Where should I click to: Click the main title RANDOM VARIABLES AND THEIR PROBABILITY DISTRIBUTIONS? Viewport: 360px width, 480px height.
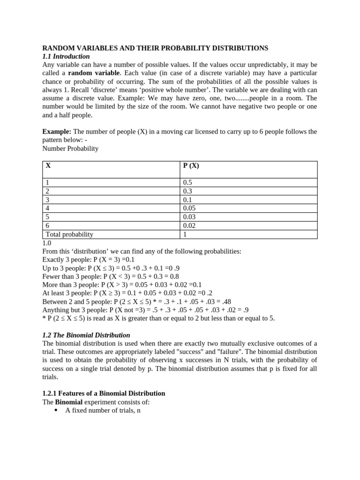click(x=155, y=48)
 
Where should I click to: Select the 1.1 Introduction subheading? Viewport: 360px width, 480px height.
click(x=66, y=56)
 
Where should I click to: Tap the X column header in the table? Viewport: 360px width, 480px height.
click(x=48, y=165)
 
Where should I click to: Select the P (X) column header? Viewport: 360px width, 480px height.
click(x=191, y=165)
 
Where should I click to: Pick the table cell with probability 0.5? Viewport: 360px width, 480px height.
click(x=187, y=182)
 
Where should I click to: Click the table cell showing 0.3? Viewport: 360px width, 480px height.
click(x=187, y=191)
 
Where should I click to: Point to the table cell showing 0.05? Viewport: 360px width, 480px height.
click(x=189, y=208)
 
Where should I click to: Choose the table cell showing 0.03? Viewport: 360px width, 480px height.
click(x=189, y=217)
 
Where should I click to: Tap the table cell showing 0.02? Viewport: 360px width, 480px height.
click(x=189, y=225)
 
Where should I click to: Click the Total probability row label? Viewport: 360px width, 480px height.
click(x=69, y=234)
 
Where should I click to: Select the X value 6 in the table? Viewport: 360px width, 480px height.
click(x=47, y=225)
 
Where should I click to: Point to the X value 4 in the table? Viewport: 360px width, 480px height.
click(x=47, y=208)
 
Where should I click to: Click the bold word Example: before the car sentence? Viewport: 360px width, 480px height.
click(x=57, y=131)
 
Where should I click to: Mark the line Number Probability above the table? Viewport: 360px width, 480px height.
click(x=70, y=148)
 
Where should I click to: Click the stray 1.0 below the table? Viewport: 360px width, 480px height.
click(x=47, y=243)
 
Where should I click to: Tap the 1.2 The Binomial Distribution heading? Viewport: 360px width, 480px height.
click(x=86, y=335)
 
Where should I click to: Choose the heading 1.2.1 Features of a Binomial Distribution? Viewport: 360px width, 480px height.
click(x=104, y=393)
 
